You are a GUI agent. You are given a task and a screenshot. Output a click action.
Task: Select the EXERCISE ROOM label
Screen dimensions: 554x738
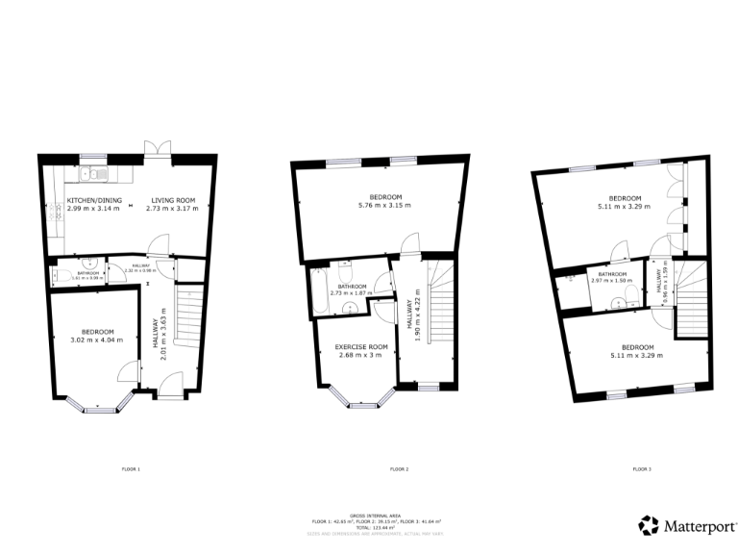click(x=360, y=346)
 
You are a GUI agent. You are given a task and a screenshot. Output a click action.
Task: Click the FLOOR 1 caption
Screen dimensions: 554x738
click(x=131, y=469)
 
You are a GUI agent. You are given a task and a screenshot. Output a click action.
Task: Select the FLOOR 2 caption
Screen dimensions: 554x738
click(x=400, y=469)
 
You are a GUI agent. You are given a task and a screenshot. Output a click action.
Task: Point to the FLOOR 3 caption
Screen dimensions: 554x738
click(x=642, y=469)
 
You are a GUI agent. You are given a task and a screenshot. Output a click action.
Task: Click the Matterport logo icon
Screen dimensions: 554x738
click(x=649, y=525)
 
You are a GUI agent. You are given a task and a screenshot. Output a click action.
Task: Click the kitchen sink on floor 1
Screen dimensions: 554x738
click(x=88, y=174)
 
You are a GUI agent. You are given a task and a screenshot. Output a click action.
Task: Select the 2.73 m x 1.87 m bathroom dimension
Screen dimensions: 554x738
click(x=351, y=293)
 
